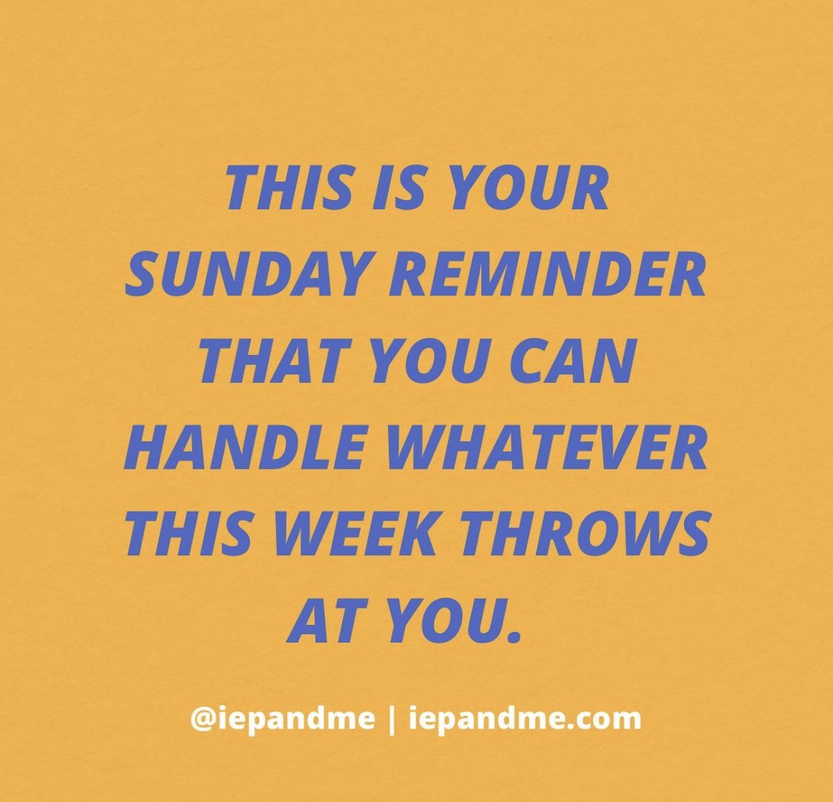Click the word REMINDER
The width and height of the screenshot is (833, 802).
552,275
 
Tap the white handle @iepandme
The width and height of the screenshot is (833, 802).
282,719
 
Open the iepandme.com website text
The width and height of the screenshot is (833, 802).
525,719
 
